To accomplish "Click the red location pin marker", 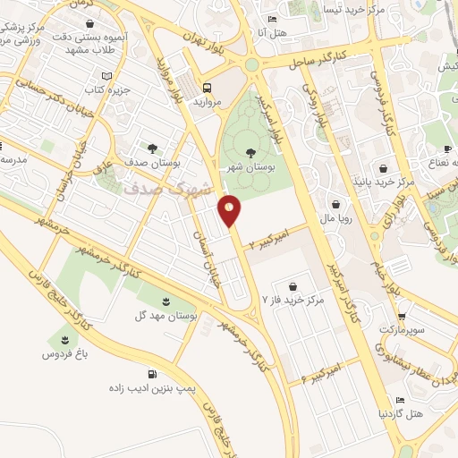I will point(230,209).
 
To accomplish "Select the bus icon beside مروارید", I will point(208,88).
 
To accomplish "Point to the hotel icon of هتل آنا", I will point(273,20).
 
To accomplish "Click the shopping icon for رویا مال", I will point(335,203).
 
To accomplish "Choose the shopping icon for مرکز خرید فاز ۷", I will point(294,286).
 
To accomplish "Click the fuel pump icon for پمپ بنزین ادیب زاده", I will point(153,374).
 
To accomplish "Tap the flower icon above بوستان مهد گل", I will point(165,301).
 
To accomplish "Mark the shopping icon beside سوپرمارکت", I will point(402,315).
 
